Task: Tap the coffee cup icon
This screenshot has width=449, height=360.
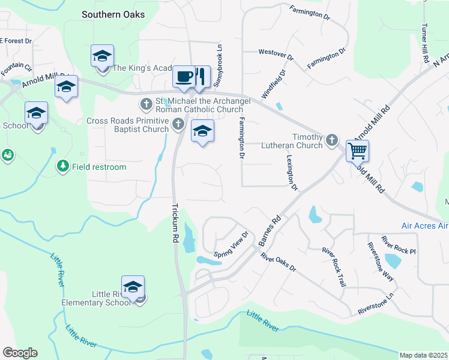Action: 184,76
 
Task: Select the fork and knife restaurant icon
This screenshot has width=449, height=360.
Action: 200,76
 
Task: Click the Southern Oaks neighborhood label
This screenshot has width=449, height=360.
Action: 113,14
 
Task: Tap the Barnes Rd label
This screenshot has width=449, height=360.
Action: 270,230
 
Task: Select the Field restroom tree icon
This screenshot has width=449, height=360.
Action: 62,166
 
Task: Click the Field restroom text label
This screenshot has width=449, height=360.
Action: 99,167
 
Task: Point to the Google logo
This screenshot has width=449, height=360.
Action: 20,353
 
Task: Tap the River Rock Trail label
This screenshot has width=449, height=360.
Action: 334,266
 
